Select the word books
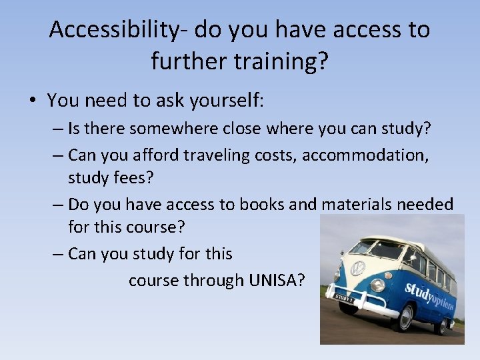point(263,205)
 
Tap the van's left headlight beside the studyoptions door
point(377,285)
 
